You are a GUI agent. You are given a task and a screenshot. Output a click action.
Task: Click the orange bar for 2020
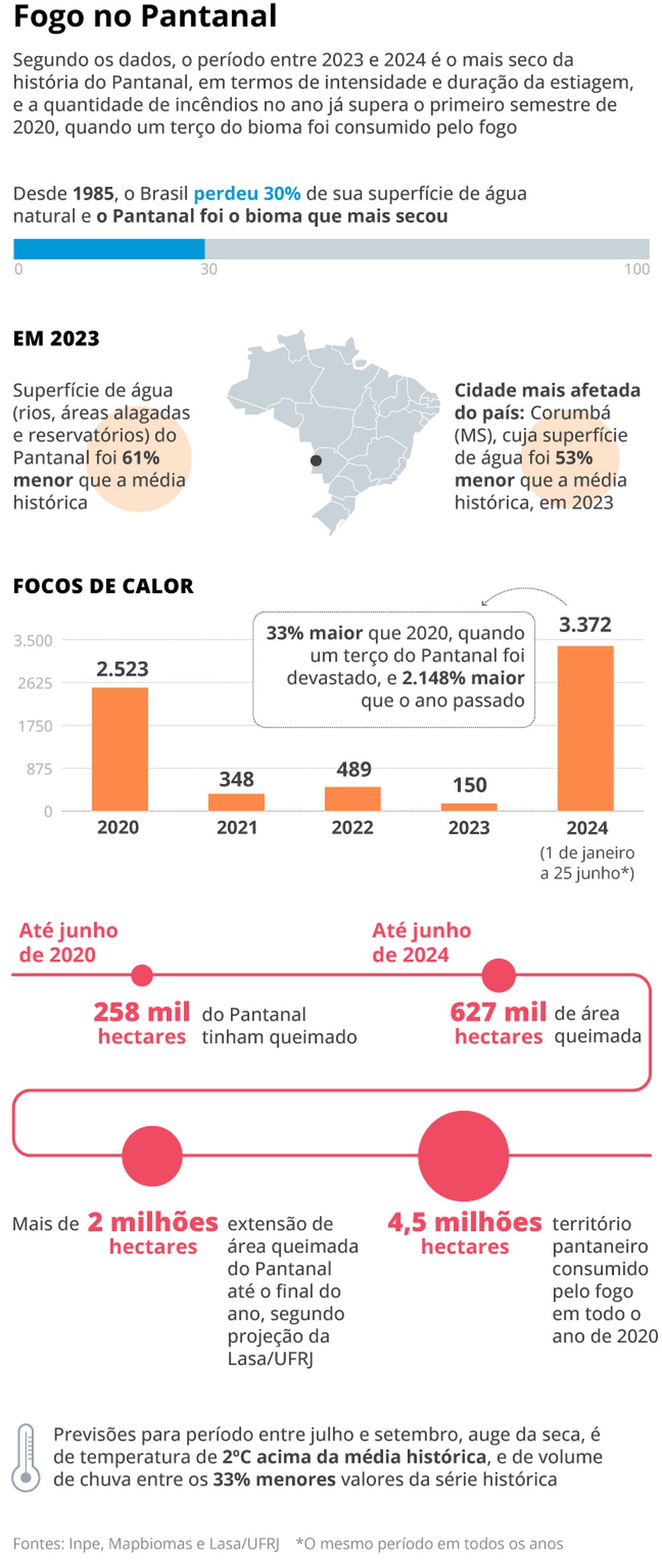120,748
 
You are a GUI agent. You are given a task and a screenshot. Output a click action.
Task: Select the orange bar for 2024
585,728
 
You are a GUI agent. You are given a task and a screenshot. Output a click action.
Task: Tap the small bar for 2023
469,806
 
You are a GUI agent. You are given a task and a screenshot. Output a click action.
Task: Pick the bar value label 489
354,769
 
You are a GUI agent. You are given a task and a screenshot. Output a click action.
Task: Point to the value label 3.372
585,625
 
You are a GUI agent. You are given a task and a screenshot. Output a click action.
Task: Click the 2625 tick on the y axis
35,683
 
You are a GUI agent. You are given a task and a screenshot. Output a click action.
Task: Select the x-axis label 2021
237,827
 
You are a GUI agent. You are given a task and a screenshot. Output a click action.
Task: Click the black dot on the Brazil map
316,461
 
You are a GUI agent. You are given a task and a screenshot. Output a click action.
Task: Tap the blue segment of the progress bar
109,249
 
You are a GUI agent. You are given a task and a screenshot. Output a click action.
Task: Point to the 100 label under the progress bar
636,270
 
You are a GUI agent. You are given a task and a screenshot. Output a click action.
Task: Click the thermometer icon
26,1457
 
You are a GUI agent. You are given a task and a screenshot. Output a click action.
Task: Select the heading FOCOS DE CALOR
103,586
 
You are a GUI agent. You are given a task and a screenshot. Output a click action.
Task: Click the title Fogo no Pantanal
145,16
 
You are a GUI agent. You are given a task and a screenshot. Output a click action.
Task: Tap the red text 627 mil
498,1011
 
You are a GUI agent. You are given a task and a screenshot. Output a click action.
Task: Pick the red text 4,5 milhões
464,1222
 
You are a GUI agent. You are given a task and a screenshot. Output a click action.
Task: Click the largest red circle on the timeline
463,1156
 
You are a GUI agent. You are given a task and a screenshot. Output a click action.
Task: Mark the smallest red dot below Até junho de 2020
142,975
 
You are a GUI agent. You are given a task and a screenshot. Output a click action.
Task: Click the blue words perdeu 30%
247,194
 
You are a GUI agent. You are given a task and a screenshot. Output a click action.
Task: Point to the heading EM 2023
57,338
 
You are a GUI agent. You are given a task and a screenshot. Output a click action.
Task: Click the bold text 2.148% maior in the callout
463,678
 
